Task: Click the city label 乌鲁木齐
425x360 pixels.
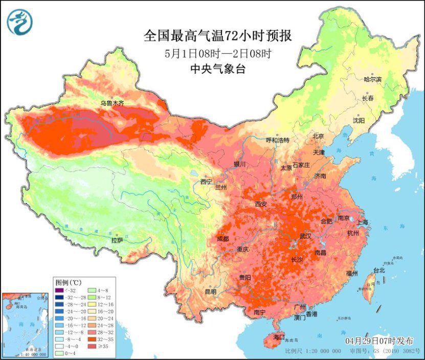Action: point(111,103)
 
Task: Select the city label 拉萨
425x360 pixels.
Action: point(117,240)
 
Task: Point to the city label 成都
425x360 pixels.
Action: point(222,238)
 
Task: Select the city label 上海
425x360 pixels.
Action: point(363,222)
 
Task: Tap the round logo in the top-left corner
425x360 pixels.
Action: point(19,22)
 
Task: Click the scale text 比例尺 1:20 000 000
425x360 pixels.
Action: point(313,352)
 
